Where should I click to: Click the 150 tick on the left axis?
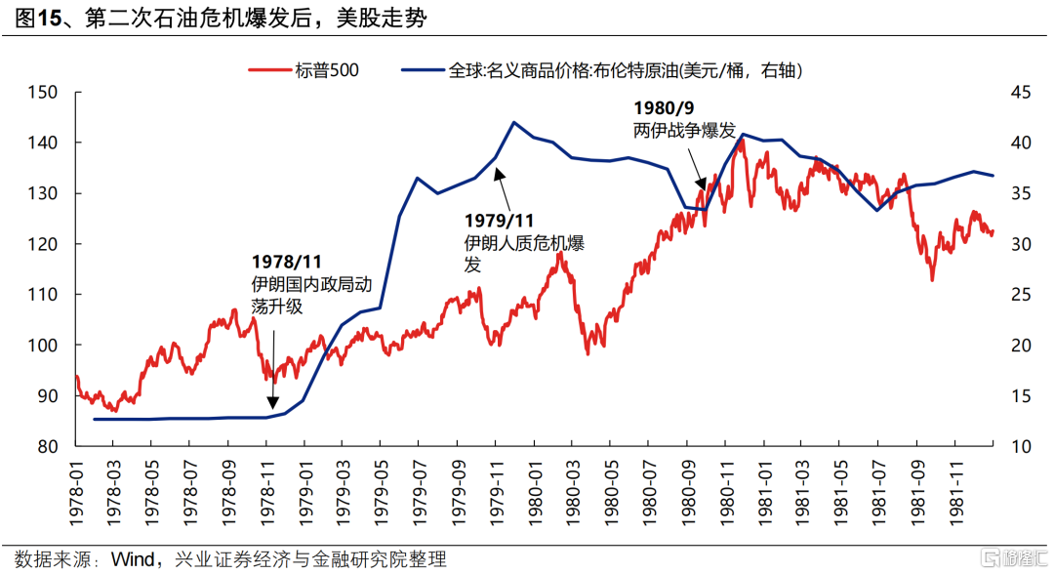click(x=45, y=93)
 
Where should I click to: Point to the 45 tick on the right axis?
click(x=1020, y=93)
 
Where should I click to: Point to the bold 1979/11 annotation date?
click(x=499, y=221)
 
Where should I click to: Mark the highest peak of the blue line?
click(x=514, y=122)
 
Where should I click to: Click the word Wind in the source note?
click(x=132, y=559)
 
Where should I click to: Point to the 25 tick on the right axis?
click(x=1020, y=295)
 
